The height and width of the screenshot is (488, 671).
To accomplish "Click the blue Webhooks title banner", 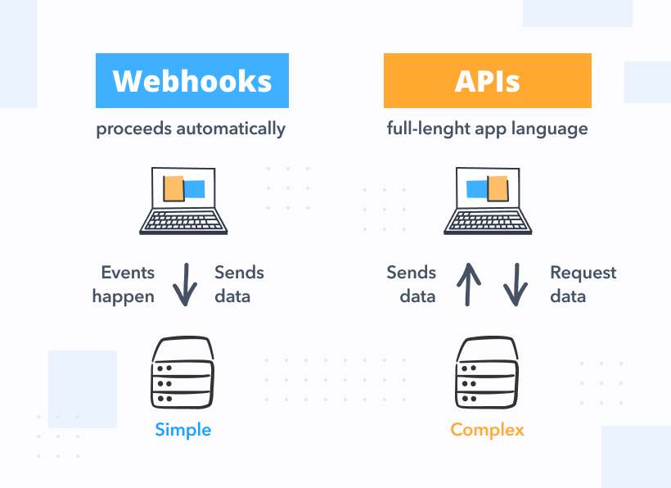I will tap(192, 81).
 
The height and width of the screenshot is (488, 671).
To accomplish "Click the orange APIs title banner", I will tap(487, 81).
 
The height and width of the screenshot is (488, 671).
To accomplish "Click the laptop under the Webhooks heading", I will tap(183, 200).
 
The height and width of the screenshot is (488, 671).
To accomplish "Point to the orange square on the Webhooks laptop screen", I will tap(173, 188).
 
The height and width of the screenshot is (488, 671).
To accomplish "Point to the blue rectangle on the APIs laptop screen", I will tap(477, 189).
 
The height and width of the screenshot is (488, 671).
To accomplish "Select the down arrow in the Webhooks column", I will tap(186, 284).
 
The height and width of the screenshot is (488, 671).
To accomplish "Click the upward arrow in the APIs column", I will tap(468, 284).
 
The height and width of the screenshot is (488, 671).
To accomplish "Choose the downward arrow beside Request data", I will tap(515, 284).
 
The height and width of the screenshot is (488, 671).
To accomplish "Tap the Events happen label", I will tap(124, 284).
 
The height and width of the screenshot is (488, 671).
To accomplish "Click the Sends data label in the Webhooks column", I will tap(239, 284).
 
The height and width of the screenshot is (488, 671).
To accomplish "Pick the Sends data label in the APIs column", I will tap(412, 284).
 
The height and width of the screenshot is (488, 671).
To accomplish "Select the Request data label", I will tap(583, 284).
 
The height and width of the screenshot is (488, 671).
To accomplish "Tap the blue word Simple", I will tap(182, 430).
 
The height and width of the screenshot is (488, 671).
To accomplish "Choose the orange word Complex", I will tap(487, 430).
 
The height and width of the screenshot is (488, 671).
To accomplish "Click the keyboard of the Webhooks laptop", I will tap(183, 222).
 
